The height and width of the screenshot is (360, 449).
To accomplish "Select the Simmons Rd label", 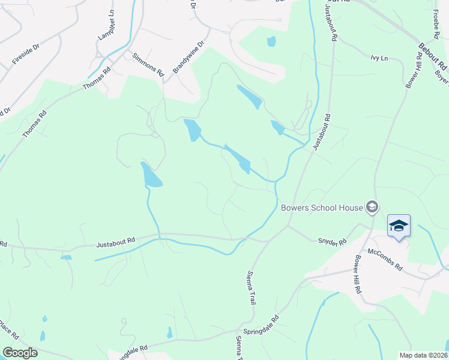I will tap(148, 62).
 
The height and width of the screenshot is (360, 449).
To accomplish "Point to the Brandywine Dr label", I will tap(188, 57).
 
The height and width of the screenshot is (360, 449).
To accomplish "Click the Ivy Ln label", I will tap(379, 58).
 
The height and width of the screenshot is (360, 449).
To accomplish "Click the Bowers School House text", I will tap(322, 208).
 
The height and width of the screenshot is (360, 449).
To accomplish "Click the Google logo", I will tap(20, 353).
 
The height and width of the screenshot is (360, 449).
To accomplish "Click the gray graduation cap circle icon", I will tap(372, 208).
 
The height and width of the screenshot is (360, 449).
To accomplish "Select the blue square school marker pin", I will tap(399, 226).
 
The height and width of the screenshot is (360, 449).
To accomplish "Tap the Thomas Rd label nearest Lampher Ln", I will tap(97, 78).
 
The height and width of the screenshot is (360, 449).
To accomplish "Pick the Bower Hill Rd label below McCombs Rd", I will tap(358, 274).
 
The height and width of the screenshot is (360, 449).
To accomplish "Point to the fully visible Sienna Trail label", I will tap(251, 287).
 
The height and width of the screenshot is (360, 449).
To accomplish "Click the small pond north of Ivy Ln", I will tap(271, 41).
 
